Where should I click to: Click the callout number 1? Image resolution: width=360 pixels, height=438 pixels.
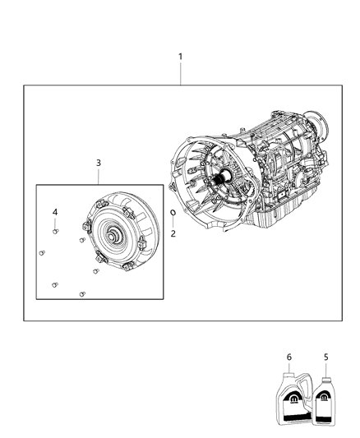click(x=181, y=57)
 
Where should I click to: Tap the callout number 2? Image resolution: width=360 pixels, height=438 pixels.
click(x=173, y=233)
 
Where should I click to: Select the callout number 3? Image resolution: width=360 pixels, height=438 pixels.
click(x=99, y=163)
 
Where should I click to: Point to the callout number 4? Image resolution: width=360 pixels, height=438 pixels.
click(x=55, y=212)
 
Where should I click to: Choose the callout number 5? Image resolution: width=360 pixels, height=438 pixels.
click(x=326, y=357)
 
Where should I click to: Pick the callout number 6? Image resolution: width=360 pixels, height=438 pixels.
click(x=288, y=357)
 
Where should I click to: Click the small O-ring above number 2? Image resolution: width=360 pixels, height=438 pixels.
click(x=173, y=213)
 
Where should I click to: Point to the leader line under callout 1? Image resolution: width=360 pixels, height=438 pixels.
click(x=181, y=73)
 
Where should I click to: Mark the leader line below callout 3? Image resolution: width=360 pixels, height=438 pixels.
click(x=99, y=177)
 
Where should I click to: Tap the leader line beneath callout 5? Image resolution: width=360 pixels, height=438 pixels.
click(x=325, y=369)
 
